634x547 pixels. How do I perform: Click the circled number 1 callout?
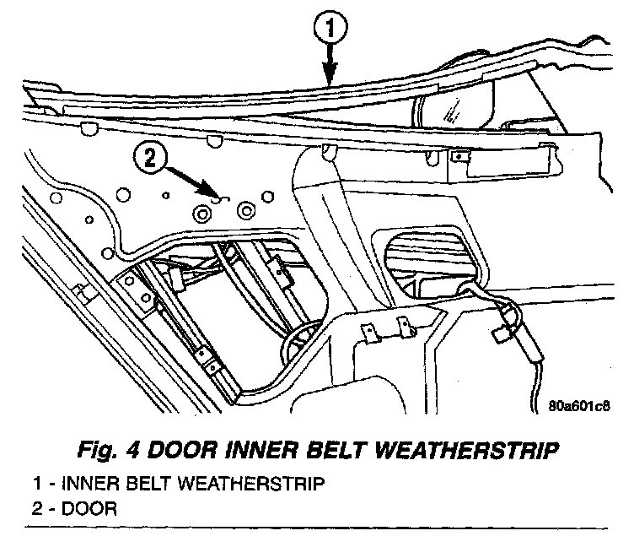(329, 30)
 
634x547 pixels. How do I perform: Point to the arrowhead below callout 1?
(329, 79)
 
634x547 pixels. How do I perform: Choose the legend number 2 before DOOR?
(37, 509)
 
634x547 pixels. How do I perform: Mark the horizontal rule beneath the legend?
(317, 528)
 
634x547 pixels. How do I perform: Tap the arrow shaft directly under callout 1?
(329, 59)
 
